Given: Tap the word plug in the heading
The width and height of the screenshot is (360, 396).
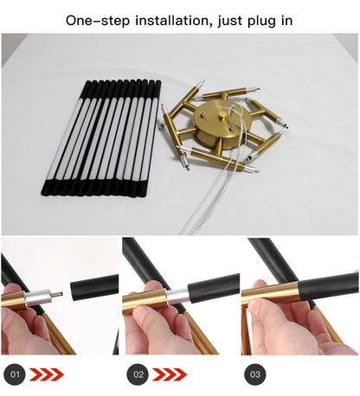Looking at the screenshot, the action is pos(260,22).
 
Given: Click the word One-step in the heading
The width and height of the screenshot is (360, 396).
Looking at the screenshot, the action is pos(98,21).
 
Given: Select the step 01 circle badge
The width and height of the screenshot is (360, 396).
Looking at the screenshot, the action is pos(15,374).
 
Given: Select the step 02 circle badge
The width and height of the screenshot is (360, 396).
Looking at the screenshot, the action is pos(138,374).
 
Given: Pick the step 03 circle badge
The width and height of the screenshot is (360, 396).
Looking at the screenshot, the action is pos(255,374).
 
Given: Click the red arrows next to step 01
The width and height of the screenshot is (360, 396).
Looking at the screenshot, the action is pos(47,374).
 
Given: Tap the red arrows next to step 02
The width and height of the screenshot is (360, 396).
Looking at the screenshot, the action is pos(170,374).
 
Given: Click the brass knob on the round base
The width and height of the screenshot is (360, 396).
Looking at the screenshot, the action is pos(222,117).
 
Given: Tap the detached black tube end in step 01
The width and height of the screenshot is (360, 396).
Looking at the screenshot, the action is pos(94,287).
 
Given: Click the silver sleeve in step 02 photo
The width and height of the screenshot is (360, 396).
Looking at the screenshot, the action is pos(177,296).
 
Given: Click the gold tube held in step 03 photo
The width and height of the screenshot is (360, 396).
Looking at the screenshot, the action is pos(270,294).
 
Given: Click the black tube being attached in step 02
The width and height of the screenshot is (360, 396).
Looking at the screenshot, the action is pos(214,287).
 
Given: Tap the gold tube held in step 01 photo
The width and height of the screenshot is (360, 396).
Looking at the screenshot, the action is pos(13,301).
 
